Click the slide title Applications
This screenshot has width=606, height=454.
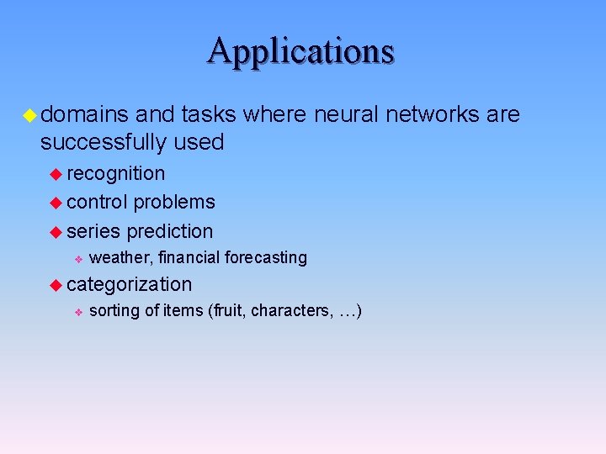(301, 50)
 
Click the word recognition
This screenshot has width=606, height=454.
(116, 174)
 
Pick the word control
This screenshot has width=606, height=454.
(98, 203)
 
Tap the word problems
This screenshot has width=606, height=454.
(174, 203)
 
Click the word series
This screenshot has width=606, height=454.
(93, 231)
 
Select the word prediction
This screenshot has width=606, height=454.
(170, 231)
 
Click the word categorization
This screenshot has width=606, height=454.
(130, 285)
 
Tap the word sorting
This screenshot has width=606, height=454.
(114, 311)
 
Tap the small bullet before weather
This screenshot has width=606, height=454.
(77, 258)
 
